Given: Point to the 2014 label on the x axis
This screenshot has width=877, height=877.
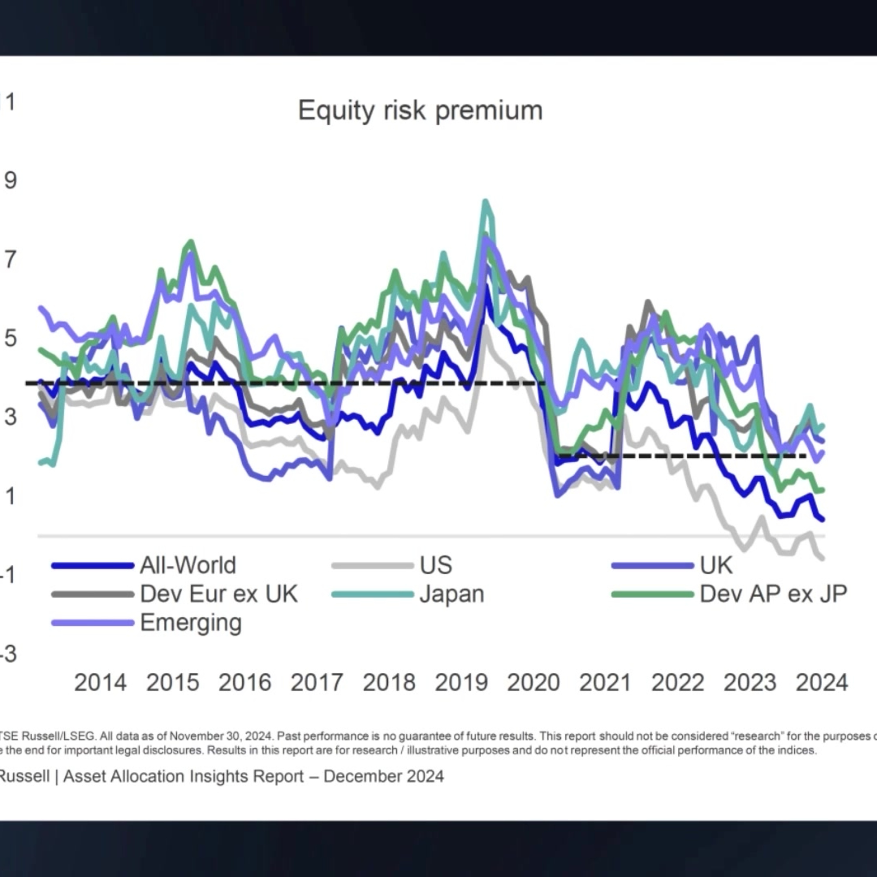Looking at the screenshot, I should (x=100, y=683).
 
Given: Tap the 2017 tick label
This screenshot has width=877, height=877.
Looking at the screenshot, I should (x=317, y=683).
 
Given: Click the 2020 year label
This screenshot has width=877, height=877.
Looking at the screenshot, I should (x=534, y=683).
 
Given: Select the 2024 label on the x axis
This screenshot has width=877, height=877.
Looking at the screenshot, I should (x=822, y=683).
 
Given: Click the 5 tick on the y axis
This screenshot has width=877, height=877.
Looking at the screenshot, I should (x=11, y=338).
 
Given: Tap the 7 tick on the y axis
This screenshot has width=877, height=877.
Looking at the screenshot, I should (x=11, y=260).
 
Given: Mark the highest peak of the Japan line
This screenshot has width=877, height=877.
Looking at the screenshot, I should (x=486, y=201).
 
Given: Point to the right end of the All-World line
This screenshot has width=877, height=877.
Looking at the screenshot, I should (x=823, y=519).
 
